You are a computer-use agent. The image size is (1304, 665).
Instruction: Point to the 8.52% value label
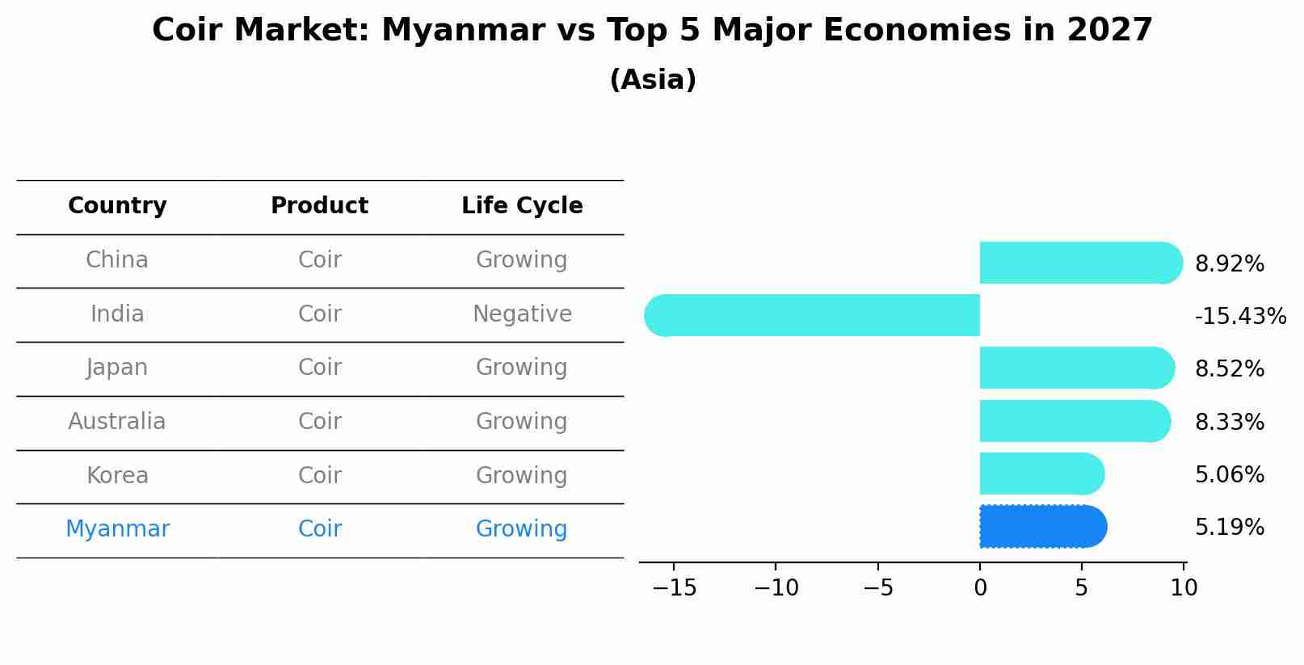(x=1229, y=369)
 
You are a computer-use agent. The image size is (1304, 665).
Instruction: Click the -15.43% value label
(x=1239, y=316)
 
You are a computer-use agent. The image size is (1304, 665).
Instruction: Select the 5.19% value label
(x=1229, y=528)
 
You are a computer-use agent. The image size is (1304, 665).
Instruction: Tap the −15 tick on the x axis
(x=674, y=588)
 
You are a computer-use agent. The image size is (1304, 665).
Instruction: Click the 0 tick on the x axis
(x=980, y=588)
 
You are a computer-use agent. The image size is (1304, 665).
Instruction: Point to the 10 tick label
(x=1184, y=588)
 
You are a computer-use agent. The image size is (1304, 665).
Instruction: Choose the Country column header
(x=117, y=206)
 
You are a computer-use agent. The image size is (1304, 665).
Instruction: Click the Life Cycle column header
(x=522, y=206)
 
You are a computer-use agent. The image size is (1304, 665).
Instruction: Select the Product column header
(x=319, y=206)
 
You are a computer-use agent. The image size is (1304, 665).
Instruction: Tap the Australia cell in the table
(x=117, y=422)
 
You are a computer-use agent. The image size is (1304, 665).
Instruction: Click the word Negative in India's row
(x=522, y=314)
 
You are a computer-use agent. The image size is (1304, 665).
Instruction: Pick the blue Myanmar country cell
(x=117, y=529)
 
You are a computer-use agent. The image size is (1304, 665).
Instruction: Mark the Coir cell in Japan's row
(x=319, y=368)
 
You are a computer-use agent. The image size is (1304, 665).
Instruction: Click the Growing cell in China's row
(x=521, y=260)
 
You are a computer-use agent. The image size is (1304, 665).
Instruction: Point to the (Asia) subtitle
(x=653, y=80)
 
